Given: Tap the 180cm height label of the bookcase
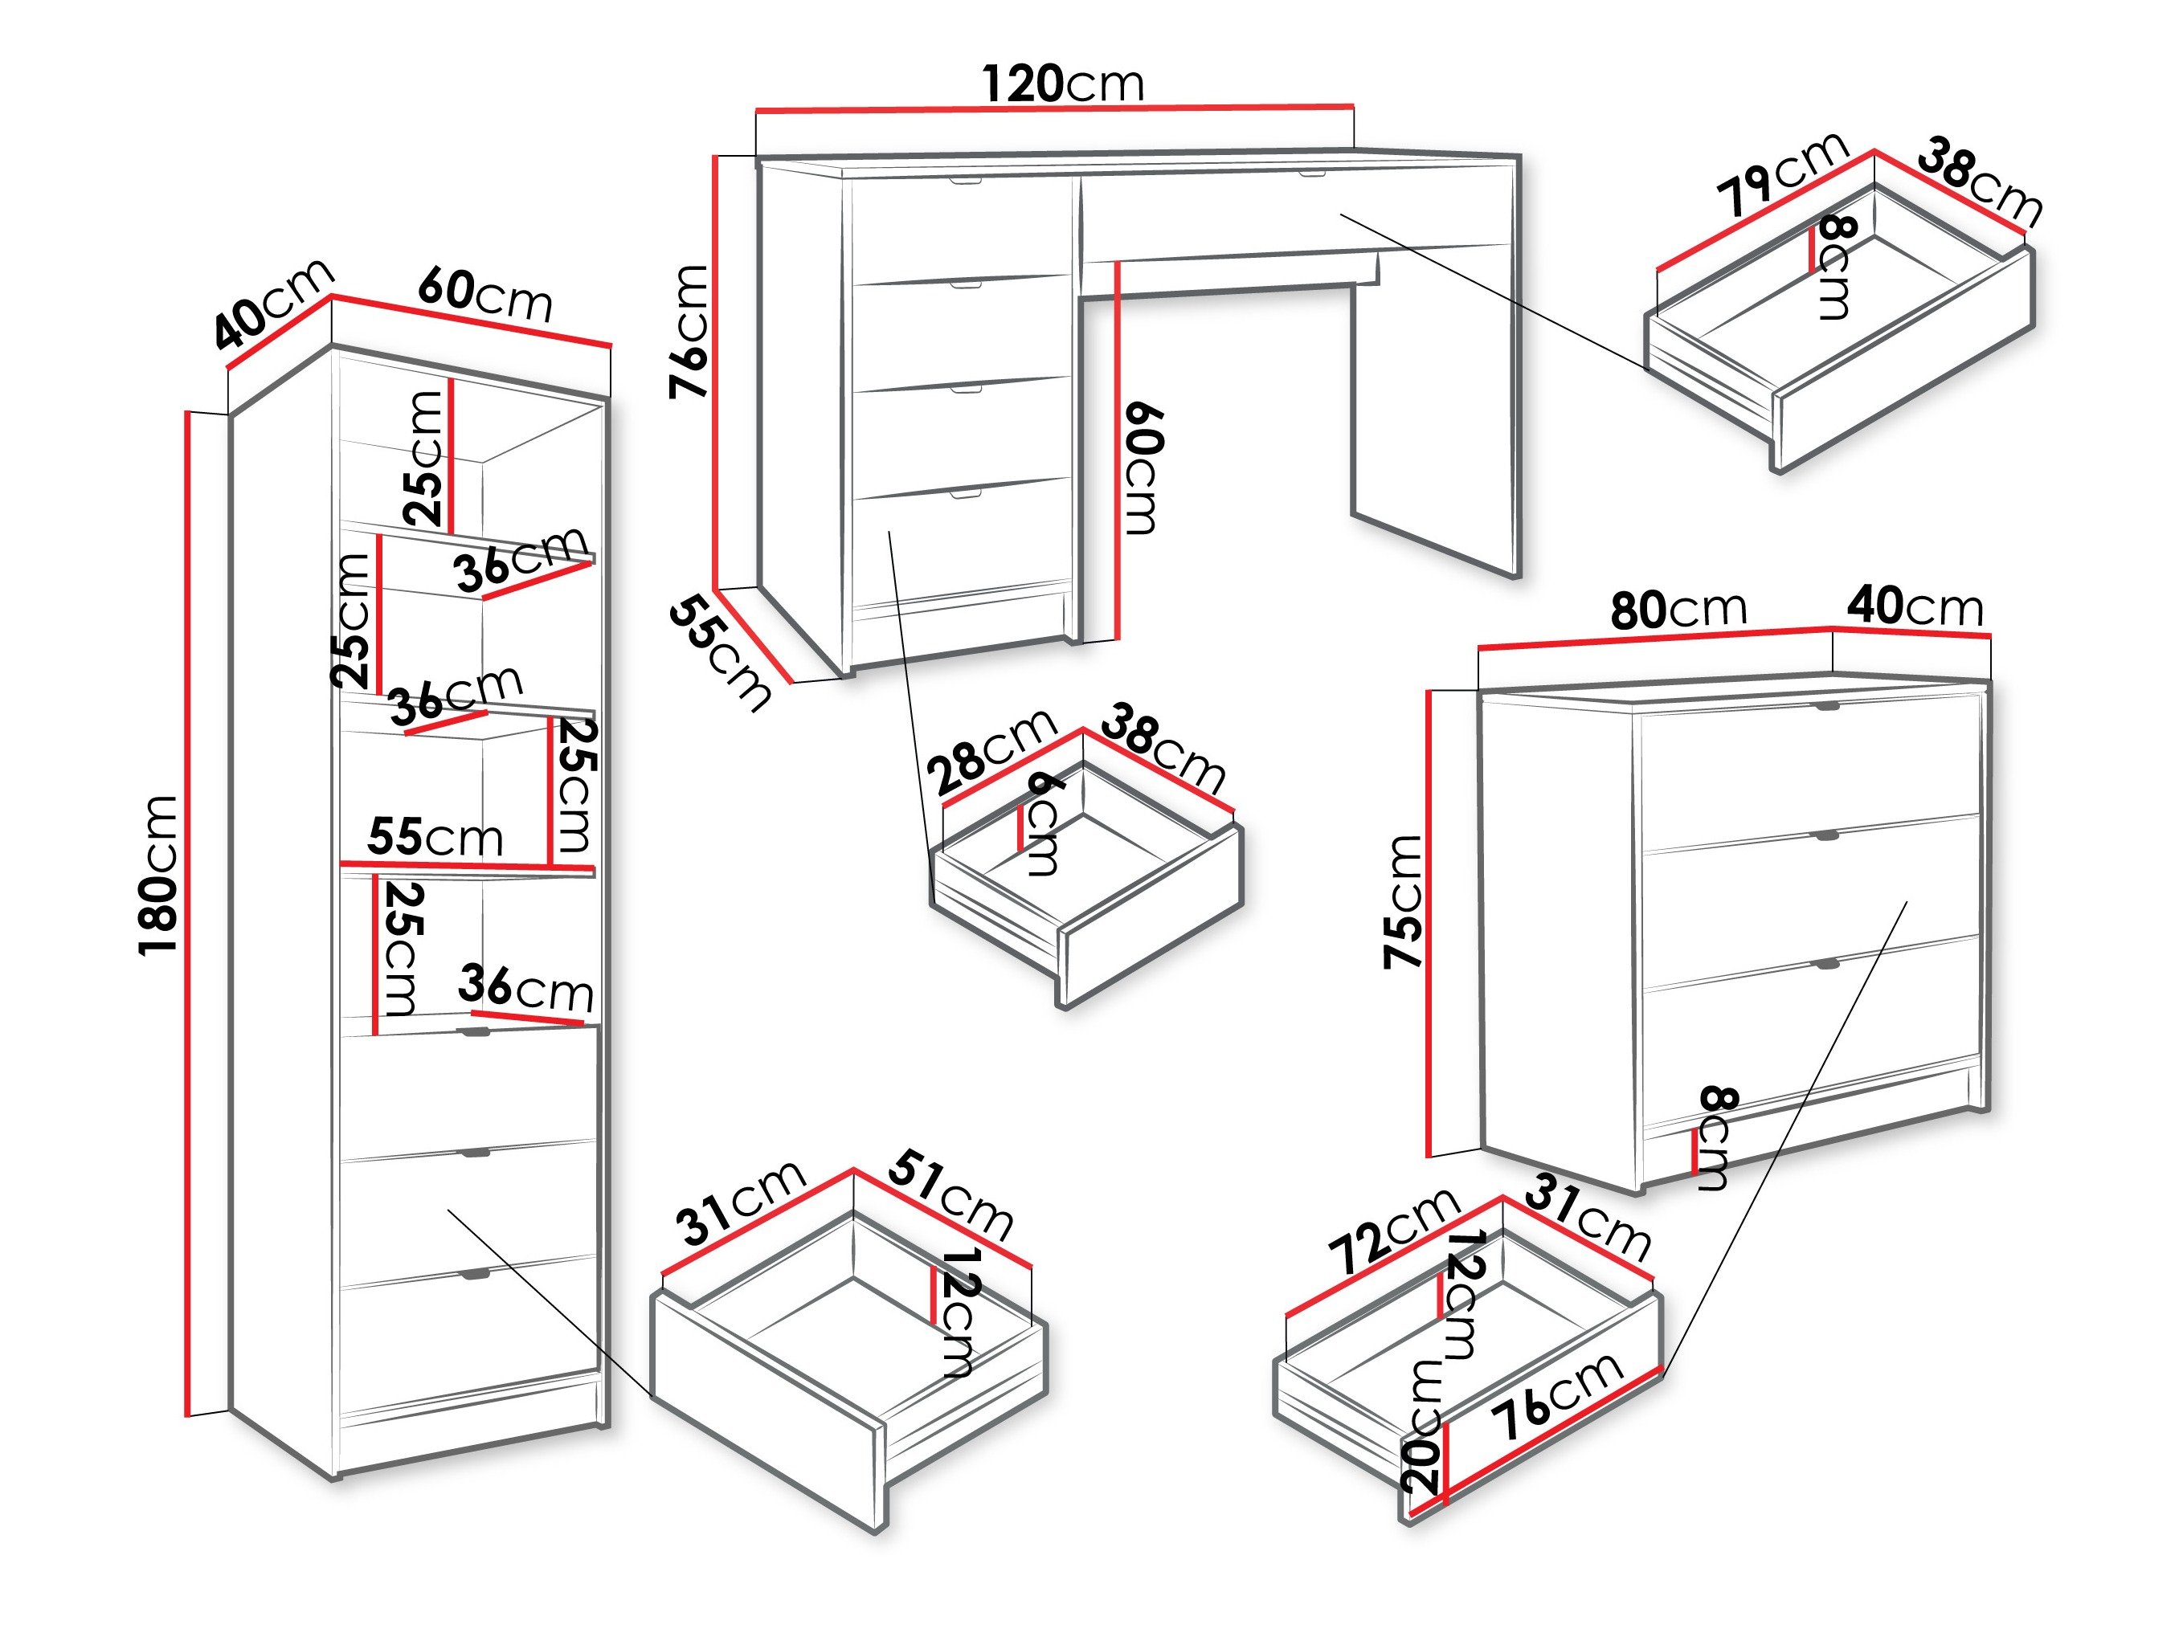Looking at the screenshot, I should pyautogui.click(x=159, y=873).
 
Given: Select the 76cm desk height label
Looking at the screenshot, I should pyautogui.click(x=689, y=332).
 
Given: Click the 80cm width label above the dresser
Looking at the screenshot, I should pyautogui.click(x=1678, y=609).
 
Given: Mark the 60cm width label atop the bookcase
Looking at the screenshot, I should pyautogui.click(x=484, y=295).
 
